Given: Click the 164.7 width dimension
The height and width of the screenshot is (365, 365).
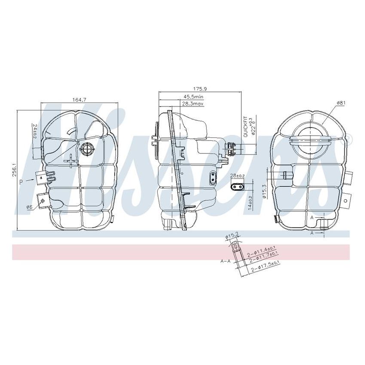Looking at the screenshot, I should pyautogui.click(x=79, y=100).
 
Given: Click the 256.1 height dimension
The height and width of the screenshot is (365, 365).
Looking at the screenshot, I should pyautogui.click(x=14, y=170).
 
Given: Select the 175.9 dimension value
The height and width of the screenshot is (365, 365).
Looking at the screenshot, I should pyautogui.click(x=200, y=89).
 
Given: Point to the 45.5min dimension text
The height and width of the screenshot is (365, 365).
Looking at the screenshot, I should pyautogui.click(x=193, y=97).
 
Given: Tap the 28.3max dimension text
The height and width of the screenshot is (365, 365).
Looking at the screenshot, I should pyautogui.click(x=193, y=103).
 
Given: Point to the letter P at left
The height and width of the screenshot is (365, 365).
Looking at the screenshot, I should pyautogui.click(x=21, y=182).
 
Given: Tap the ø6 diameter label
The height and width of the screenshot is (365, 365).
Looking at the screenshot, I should pyautogui.click(x=29, y=207).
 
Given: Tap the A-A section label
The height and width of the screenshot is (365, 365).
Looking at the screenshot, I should pyautogui.click(x=225, y=261).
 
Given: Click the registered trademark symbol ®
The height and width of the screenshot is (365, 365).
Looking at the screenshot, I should pyautogui.click(x=348, y=138).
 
